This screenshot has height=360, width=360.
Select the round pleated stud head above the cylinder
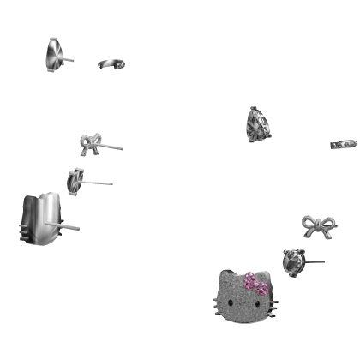(x=75, y=180)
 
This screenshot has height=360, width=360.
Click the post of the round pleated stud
(x=102, y=181)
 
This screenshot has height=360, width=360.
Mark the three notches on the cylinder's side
(x=22, y=229)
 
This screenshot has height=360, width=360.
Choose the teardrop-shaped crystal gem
(x=258, y=123)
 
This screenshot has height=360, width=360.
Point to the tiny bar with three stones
(x=343, y=143)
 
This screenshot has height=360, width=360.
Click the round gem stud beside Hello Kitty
(x=293, y=260)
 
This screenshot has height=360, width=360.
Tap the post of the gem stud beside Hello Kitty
(x=315, y=263)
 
